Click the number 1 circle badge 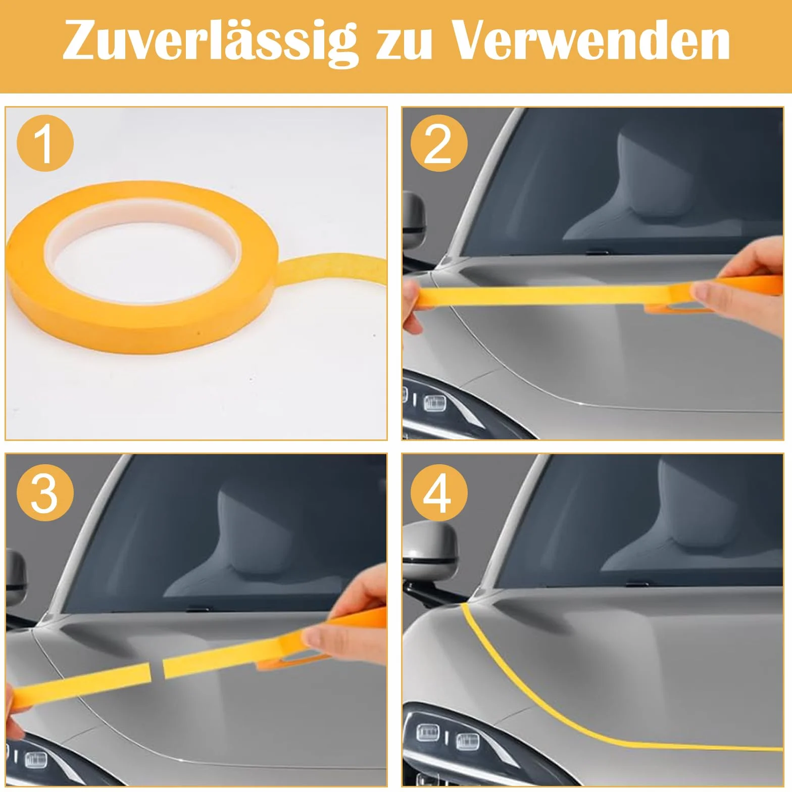click(x=45, y=143)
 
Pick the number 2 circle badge click(x=439, y=143)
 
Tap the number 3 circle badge click(x=45, y=493)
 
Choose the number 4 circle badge click(x=439, y=493)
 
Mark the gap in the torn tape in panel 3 click(x=157, y=670)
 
